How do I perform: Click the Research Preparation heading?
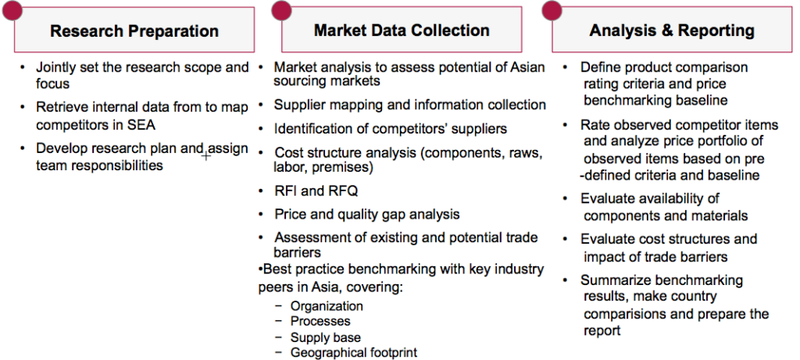pos(134,31)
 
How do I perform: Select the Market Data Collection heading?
pos(402,30)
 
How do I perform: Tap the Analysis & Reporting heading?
pos(672,30)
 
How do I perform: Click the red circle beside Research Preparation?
pos(11,9)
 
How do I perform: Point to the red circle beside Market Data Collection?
pos(281,9)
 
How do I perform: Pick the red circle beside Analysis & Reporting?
pos(552,9)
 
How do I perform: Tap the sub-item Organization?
pos(327,306)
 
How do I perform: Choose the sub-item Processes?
pos(320,321)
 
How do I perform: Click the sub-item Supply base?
pos(326,337)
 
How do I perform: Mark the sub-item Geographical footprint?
pos(354,352)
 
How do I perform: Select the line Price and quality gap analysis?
pos(367,214)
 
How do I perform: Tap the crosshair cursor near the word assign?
pos(206,155)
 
